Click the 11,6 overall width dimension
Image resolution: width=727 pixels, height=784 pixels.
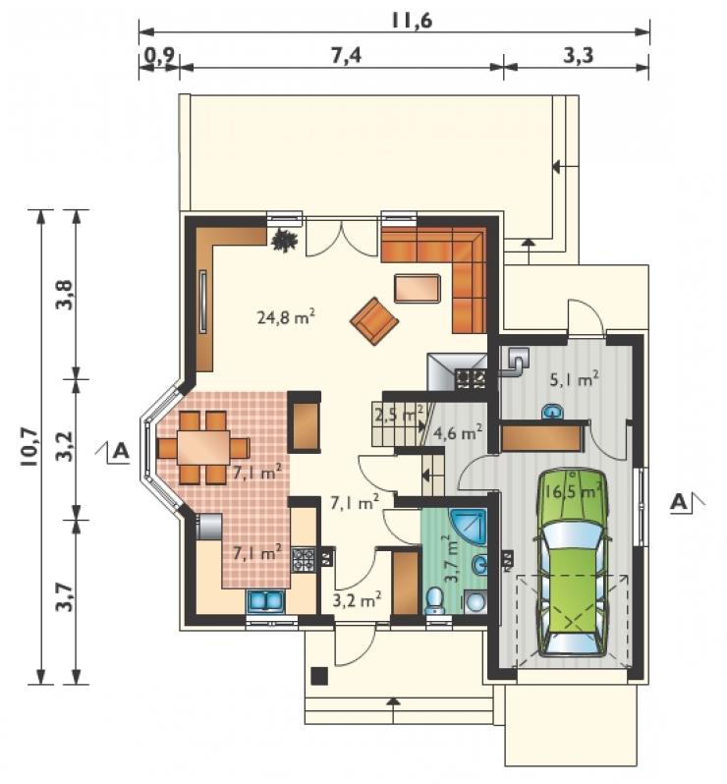(412, 21)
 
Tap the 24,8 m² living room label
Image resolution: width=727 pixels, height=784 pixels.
(286, 316)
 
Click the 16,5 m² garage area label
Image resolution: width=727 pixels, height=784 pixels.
(573, 491)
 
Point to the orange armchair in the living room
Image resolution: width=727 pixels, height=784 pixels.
(374, 321)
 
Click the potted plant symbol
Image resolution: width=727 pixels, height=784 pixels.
(285, 240)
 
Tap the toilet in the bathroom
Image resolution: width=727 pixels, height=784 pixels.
(433, 600)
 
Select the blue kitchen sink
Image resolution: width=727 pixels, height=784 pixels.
(265, 601)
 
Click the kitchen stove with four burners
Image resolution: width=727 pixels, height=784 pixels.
(304, 561)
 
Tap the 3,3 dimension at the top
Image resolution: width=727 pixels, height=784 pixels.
(579, 54)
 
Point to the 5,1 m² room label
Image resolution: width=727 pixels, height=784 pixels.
(575, 379)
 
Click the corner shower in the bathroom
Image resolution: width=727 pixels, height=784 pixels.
(469, 527)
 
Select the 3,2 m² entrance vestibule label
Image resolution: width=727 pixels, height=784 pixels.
(357, 599)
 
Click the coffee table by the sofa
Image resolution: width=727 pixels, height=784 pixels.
(418, 289)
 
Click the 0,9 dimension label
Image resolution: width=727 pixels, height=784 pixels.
(159, 55)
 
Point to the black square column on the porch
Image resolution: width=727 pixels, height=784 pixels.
(319, 676)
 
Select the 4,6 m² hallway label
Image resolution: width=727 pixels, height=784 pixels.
(458, 431)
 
